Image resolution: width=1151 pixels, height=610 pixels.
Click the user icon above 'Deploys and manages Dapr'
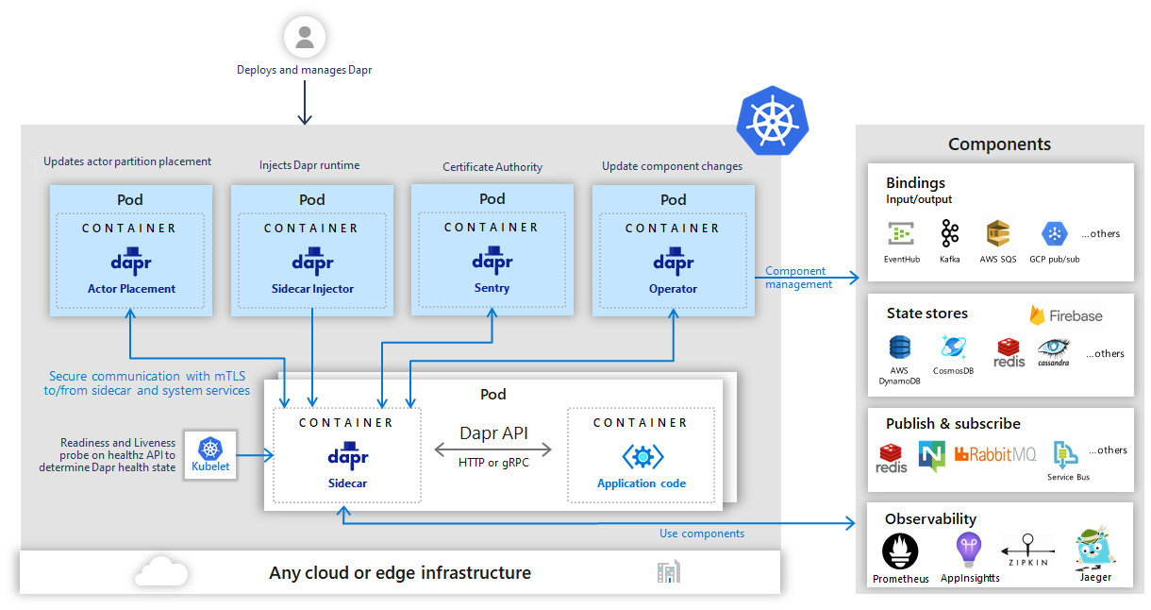click(305, 38)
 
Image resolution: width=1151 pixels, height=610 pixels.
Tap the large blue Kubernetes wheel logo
click(773, 121)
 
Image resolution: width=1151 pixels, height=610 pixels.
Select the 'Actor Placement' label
click(132, 289)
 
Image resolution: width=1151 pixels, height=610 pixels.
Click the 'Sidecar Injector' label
click(311, 289)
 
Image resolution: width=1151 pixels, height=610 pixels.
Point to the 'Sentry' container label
click(492, 287)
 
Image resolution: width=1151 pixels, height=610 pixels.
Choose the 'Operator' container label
click(673, 289)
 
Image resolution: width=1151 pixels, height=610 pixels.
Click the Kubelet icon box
click(209, 456)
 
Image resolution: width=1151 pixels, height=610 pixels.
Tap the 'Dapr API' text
click(493, 434)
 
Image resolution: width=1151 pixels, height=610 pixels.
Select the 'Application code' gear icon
click(642, 457)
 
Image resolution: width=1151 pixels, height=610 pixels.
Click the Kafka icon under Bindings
click(949, 234)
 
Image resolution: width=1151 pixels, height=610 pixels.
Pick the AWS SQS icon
click(998, 234)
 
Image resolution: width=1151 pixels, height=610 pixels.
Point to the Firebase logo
click(1066, 315)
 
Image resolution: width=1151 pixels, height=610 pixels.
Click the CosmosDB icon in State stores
click(954, 347)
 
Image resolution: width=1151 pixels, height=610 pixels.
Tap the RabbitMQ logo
click(994, 455)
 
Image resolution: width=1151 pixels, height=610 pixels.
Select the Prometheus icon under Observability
click(900, 551)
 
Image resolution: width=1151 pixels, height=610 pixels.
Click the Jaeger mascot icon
click(1094, 549)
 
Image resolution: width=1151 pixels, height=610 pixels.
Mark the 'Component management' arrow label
click(798, 278)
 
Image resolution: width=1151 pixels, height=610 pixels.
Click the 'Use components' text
click(701, 534)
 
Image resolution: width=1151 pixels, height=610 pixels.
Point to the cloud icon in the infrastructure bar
click(161, 571)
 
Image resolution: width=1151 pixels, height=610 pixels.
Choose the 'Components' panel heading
click(999, 144)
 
